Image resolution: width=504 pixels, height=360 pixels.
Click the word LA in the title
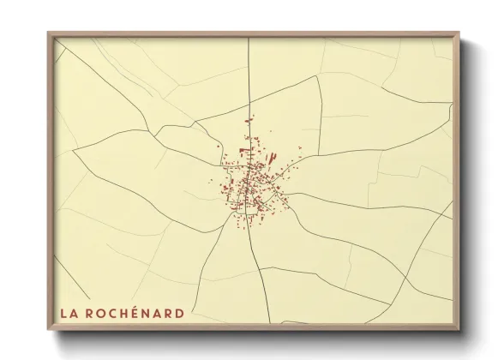point(69,313)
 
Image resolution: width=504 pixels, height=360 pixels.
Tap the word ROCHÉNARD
point(135,313)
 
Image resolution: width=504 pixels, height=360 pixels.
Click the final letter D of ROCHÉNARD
point(178,313)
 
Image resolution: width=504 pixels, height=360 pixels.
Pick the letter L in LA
point(64,313)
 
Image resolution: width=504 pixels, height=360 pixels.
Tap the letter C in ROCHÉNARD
point(106,313)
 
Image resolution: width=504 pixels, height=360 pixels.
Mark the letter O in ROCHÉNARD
point(96,313)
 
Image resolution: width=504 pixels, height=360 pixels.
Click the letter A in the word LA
point(75,313)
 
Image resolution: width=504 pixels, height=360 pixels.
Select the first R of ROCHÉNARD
point(86,313)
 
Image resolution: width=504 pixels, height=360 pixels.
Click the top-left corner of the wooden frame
point(49,33)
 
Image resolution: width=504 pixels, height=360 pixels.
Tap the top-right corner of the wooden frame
point(459,33)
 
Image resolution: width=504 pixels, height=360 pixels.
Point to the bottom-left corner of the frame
point(49,329)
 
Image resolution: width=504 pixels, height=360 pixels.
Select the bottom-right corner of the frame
point(459,329)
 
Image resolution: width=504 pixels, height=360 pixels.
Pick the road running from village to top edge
point(249,86)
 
